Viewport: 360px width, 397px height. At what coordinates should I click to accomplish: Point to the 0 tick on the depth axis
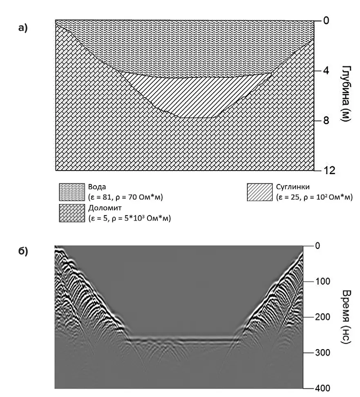coord(326,20)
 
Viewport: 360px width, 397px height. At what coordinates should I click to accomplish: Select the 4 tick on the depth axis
coord(326,70)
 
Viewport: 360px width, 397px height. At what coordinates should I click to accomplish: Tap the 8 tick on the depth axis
coord(326,121)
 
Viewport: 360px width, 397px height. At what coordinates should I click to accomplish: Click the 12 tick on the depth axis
coord(329,170)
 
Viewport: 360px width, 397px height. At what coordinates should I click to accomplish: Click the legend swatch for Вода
coord(72,192)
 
